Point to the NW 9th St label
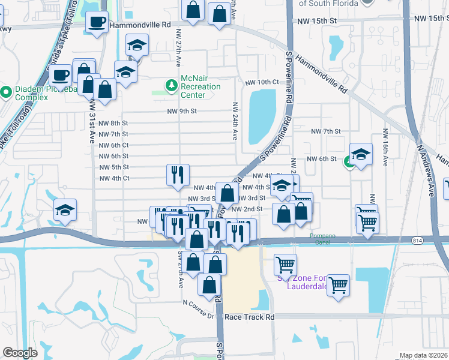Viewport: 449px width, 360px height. click(182, 111)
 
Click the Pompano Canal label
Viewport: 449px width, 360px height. click(322, 236)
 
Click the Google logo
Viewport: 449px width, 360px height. click(20, 352)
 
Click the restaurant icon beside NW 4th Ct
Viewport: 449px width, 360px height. click(178, 175)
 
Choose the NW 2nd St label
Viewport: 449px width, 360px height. click(248, 209)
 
